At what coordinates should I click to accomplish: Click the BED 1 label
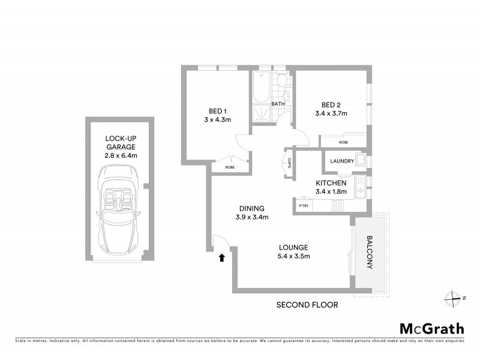217,111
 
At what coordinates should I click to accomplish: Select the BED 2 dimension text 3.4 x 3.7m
331,113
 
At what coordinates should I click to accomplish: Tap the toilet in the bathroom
282,82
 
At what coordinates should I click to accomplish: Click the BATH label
278,104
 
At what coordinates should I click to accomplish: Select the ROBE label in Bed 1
229,167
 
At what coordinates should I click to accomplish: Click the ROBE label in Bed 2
343,142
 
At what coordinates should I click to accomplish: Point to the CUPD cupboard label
289,163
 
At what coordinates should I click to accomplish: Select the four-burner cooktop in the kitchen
338,205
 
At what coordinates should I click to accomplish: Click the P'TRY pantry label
303,206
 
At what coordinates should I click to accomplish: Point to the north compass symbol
452,297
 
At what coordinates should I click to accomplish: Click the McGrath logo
431,328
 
